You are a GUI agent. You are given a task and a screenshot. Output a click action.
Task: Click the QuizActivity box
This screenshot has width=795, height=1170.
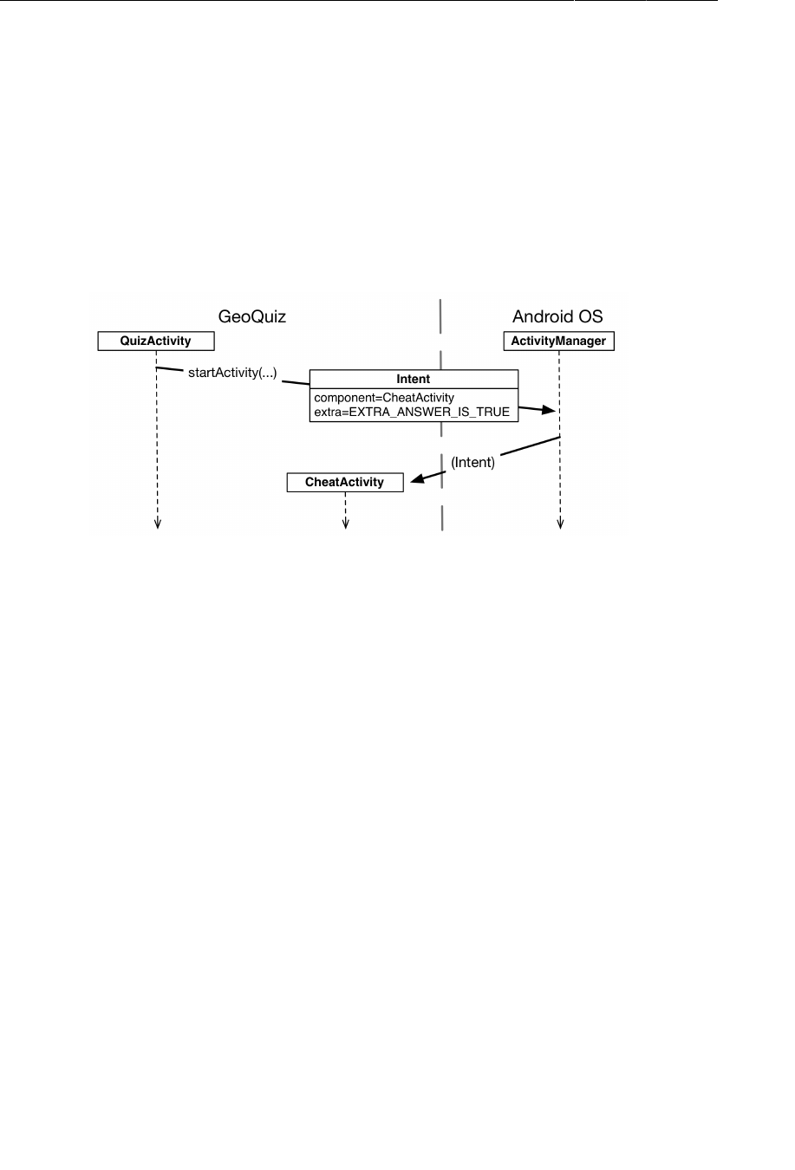(x=155, y=341)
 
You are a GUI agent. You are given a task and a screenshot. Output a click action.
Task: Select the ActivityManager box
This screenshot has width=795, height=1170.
(x=558, y=341)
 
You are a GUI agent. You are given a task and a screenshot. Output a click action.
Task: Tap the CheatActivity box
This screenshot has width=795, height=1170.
(x=344, y=482)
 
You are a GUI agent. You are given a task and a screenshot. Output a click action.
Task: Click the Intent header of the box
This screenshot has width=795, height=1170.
(x=414, y=379)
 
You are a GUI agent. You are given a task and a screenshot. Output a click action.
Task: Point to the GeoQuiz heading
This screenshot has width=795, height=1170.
(x=251, y=316)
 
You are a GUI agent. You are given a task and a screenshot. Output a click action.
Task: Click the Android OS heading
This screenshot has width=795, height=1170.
(x=557, y=316)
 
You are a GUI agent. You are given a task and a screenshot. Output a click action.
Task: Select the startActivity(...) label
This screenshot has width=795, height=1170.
(x=232, y=373)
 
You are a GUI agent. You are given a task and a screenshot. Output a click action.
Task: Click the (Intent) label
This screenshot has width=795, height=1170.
(x=472, y=462)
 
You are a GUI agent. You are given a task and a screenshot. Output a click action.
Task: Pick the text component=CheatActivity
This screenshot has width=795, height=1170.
(x=384, y=398)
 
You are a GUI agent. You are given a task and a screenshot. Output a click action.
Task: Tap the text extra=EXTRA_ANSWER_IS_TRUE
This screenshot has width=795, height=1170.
(x=412, y=412)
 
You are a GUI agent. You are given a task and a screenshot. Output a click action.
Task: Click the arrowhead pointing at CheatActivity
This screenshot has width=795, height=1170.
(x=417, y=478)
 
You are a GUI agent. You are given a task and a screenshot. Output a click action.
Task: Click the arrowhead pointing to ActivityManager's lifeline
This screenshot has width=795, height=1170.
(x=547, y=410)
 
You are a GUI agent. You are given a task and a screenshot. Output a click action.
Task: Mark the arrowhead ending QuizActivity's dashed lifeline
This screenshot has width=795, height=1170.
(x=158, y=523)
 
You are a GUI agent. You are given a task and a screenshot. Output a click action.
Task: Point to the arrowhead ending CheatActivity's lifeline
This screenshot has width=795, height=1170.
(x=345, y=523)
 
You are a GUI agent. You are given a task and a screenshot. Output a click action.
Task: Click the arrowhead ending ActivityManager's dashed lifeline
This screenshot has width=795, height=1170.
(x=560, y=523)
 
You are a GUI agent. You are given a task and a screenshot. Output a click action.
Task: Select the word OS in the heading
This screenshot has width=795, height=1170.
(x=591, y=316)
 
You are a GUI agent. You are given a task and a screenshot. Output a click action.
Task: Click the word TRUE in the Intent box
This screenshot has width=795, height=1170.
(x=493, y=412)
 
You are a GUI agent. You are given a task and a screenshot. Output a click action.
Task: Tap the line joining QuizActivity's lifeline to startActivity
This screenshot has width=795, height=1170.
(x=169, y=370)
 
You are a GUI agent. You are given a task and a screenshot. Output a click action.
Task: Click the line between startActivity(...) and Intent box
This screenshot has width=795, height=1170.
(x=296, y=380)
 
